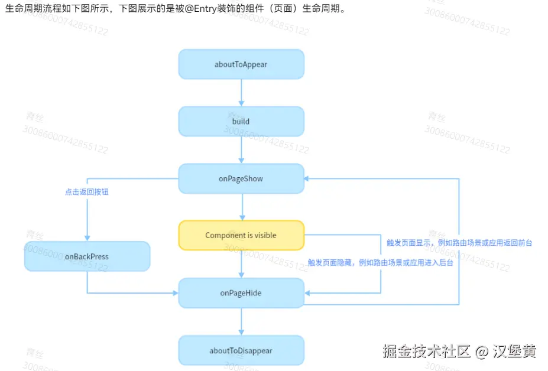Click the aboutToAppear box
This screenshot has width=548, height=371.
241,64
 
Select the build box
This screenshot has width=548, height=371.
241,121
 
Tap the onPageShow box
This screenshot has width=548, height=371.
241,178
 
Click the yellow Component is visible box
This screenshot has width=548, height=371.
241,235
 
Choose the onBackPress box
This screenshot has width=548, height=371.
87,256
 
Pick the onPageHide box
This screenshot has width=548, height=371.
241,293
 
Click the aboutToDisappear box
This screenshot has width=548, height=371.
241,350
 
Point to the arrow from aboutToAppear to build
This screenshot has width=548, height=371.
241,93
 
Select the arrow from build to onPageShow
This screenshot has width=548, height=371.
241,150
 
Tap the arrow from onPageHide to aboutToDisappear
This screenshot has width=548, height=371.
241,322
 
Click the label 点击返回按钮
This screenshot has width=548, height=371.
87,193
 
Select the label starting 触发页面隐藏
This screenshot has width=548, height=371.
380,262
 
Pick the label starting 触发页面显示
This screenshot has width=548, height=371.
459,243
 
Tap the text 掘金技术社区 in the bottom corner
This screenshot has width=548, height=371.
426,352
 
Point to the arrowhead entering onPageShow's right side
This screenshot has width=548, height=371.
308,178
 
